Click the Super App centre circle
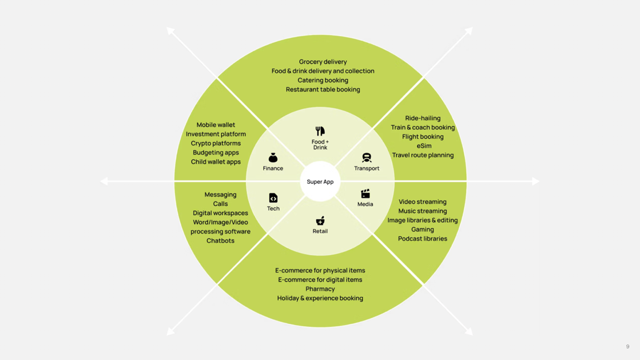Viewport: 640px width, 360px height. click(320, 181)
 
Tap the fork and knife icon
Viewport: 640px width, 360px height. click(320, 131)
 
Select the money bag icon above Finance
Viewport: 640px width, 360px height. click(273, 157)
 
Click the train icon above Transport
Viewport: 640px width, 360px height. click(367, 157)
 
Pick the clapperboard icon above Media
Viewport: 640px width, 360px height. click(365, 194)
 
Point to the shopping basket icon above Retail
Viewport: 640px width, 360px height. click(320, 221)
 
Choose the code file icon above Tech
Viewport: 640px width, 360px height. click(273, 198)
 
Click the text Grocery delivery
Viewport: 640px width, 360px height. click(323, 62)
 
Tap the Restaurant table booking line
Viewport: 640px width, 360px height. click(323, 89)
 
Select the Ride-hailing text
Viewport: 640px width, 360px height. click(423, 118)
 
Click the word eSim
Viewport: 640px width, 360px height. click(424, 146)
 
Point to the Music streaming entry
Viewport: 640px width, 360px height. click(422, 211)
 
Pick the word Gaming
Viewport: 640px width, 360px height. click(422, 230)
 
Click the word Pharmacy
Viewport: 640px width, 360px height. click(320, 289)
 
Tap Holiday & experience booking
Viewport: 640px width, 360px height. click(320, 298)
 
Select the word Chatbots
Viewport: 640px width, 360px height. click(220, 241)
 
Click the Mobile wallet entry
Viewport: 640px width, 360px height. click(216, 125)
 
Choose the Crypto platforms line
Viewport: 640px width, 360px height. click(216, 143)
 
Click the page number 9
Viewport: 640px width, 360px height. click(627, 346)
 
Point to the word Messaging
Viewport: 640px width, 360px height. click(220, 195)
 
